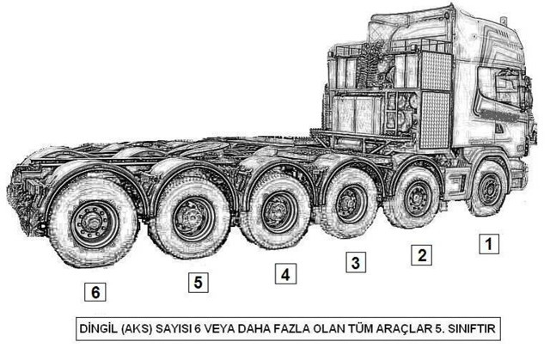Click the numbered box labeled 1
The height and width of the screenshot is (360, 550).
point(487,244)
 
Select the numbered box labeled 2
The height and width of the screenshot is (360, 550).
point(420,253)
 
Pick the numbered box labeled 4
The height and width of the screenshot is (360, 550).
point(284,274)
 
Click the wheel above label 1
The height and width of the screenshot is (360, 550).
point(489,190)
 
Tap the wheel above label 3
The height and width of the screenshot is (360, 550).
point(349,204)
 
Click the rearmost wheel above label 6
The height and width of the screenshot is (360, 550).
point(88,226)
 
